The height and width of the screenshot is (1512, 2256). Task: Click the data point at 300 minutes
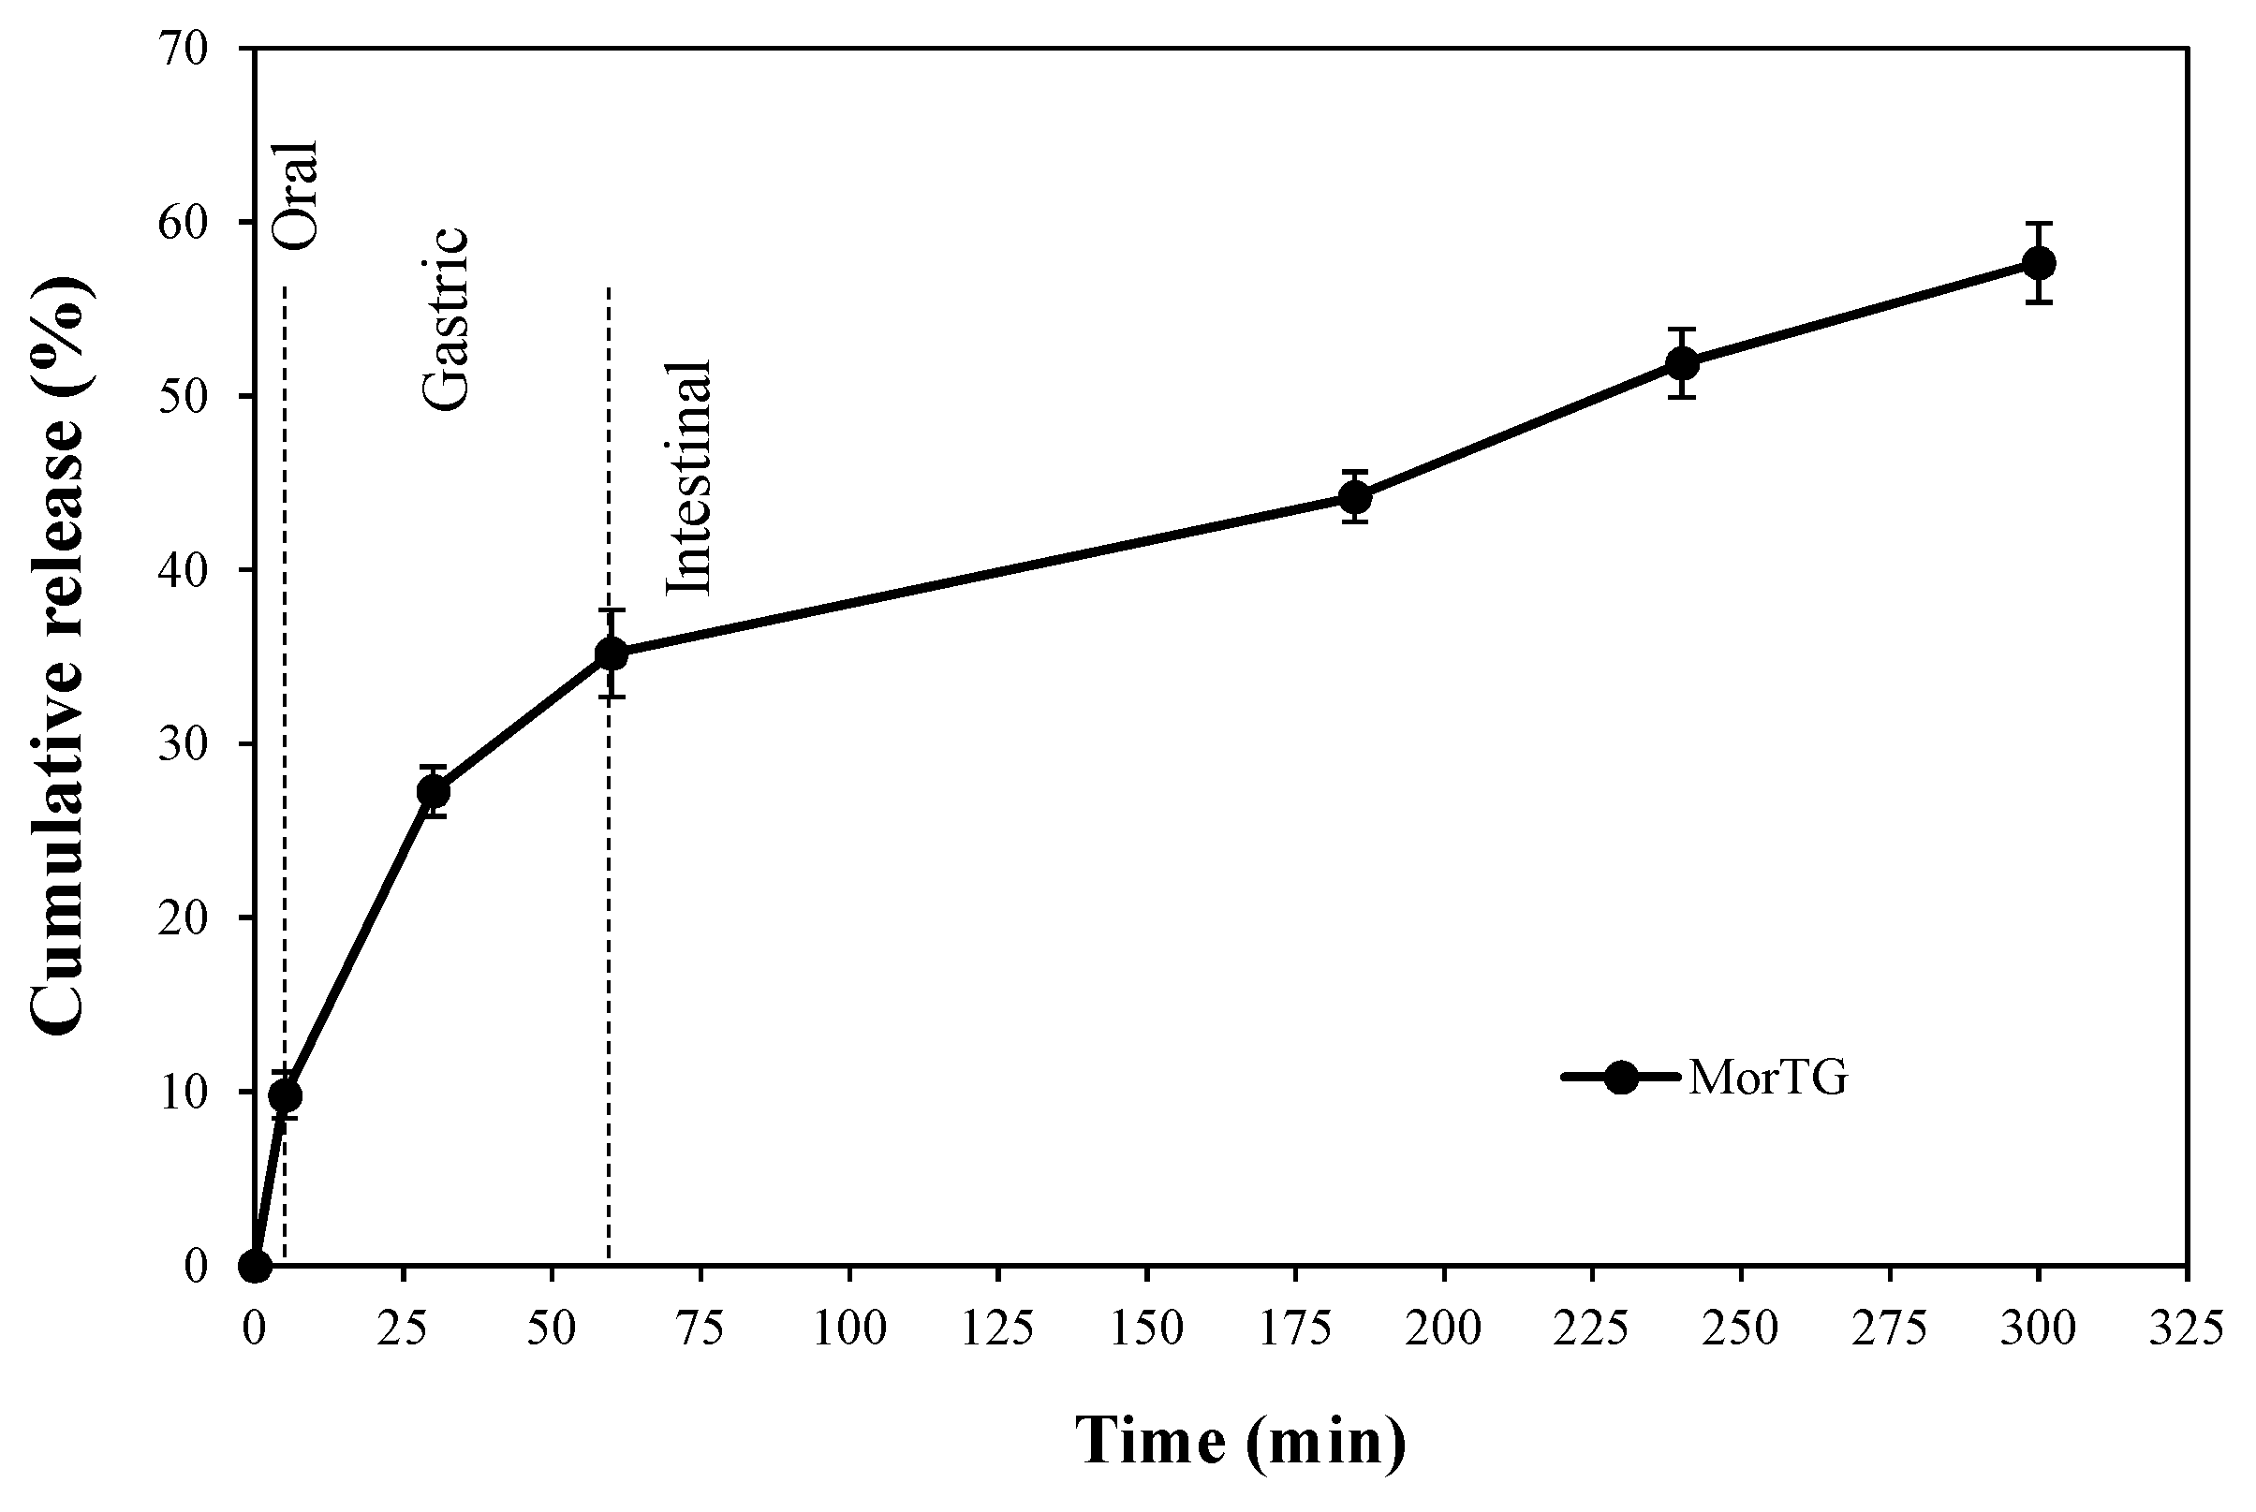pyautogui.click(x=2038, y=262)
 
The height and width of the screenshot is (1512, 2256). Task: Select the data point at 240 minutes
pyautogui.click(x=1681, y=363)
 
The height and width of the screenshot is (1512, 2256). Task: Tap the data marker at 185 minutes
pyautogui.click(x=1354, y=497)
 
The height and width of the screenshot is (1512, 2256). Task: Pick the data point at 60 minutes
pyautogui.click(x=611, y=653)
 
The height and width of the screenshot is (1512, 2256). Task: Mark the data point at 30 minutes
pyautogui.click(x=433, y=792)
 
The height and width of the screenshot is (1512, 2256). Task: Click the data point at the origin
pyautogui.click(x=255, y=1265)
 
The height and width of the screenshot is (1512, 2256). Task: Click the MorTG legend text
pyautogui.click(x=1768, y=1079)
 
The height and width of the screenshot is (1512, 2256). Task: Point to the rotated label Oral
pyautogui.click(x=295, y=194)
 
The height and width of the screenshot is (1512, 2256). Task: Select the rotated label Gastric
pyautogui.click(x=447, y=319)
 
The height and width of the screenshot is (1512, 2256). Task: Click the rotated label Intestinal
pyautogui.click(x=689, y=478)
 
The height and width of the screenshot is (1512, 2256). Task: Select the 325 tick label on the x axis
pyautogui.click(x=2185, y=1329)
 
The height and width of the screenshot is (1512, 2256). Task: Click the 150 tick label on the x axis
pyautogui.click(x=1146, y=1329)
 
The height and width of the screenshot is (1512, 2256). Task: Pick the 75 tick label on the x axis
pyautogui.click(x=700, y=1329)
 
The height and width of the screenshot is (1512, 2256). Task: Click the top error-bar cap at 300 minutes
pyautogui.click(x=2038, y=223)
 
